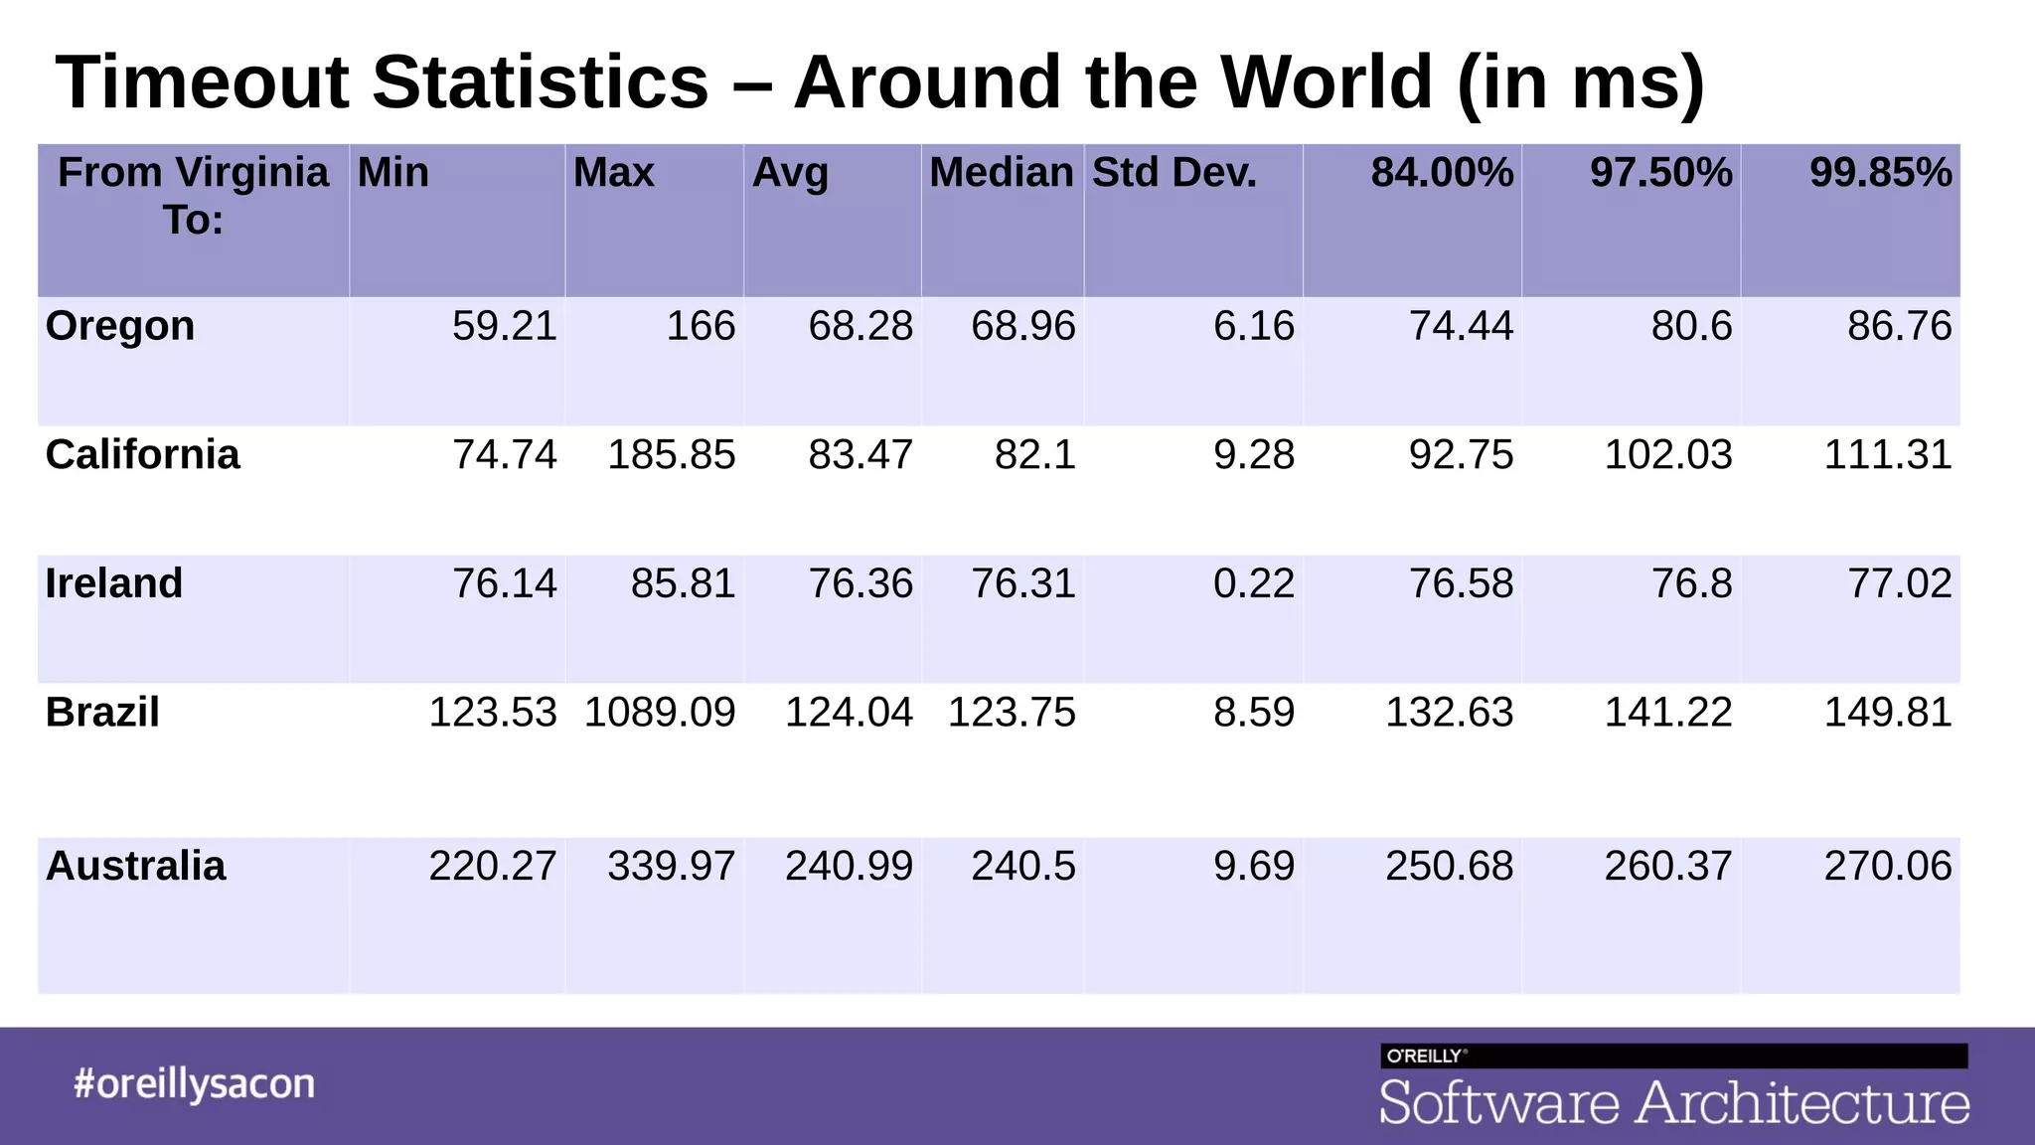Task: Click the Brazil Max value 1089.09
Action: point(660,713)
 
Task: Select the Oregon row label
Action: point(120,326)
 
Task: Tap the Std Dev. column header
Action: point(1174,173)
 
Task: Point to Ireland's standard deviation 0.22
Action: point(1254,583)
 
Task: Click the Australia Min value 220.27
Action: point(493,866)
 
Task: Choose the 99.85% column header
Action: point(1880,173)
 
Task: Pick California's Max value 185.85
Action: point(672,455)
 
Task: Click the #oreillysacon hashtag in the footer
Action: point(194,1083)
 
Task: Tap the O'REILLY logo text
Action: point(1425,1056)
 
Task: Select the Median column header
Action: point(1002,173)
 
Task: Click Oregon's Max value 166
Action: point(701,326)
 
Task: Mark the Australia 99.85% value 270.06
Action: point(1888,866)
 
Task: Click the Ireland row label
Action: point(114,583)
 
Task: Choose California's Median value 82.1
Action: point(1035,455)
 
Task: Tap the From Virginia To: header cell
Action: point(193,196)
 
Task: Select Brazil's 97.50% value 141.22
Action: point(1668,713)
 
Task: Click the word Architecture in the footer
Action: point(1803,1103)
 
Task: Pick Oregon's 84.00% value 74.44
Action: point(1461,326)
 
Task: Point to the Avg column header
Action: point(790,173)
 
